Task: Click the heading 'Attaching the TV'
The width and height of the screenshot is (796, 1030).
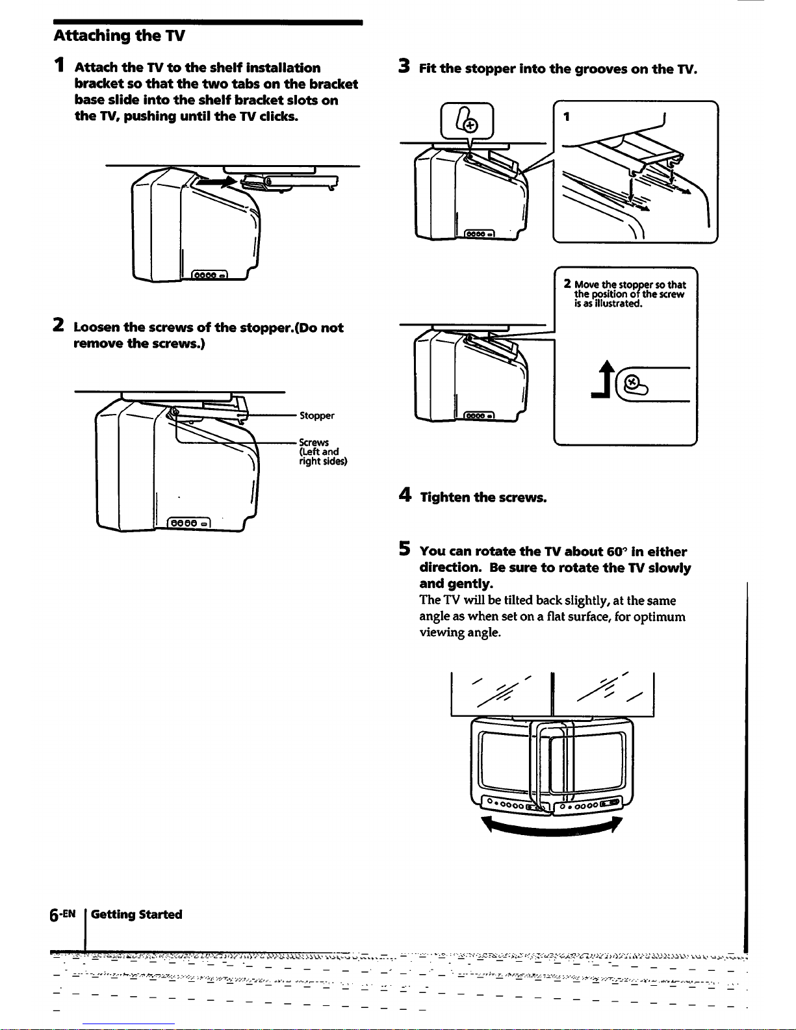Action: pos(120,35)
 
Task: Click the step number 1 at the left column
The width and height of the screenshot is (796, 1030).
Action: pos(60,66)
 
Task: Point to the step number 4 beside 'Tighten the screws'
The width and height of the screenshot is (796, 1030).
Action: pos(404,496)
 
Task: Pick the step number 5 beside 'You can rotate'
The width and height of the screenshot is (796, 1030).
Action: pos(404,550)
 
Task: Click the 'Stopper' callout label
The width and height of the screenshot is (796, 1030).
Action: pos(316,416)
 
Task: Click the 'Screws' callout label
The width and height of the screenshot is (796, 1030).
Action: pos(314,443)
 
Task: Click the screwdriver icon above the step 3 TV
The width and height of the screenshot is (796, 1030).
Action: pos(467,122)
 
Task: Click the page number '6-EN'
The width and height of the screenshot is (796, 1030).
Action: pos(64,914)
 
